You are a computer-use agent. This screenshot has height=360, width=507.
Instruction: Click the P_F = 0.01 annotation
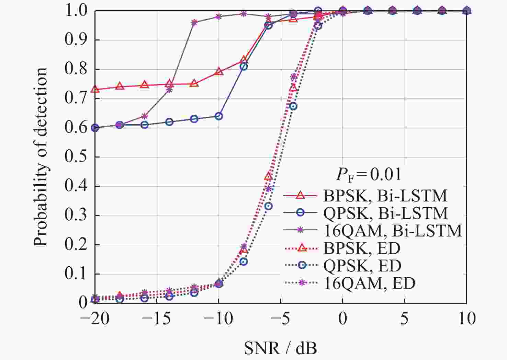[x=368, y=174]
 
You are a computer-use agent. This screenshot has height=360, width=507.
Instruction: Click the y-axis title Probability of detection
[x=40, y=156]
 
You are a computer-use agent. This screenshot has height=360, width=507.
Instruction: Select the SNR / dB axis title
[x=280, y=348]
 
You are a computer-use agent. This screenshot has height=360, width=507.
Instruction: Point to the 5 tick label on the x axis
[x=405, y=319]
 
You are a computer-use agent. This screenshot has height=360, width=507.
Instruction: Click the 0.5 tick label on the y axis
[x=76, y=157]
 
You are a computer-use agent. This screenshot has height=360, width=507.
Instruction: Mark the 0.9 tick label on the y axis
[x=76, y=40]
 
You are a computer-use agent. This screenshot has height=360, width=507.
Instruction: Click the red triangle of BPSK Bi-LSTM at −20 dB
[x=95, y=90]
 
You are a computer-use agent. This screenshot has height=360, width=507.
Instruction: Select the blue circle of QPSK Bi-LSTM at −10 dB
[x=219, y=116]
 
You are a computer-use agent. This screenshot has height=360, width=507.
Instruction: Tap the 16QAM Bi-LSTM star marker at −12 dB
[x=194, y=23]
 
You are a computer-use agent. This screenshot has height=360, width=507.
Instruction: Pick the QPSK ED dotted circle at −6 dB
[x=269, y=206]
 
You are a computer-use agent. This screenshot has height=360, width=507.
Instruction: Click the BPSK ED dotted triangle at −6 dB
[x=268, y=177]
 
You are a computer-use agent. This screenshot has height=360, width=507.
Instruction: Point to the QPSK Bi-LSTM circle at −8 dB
[x=244, y=67]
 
